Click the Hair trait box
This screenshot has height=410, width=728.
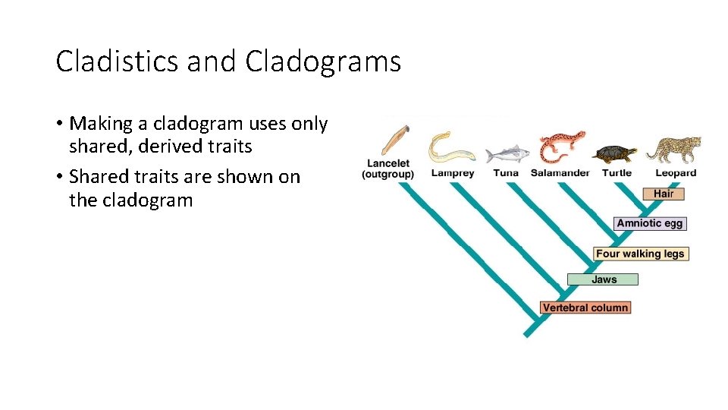pos(664,194)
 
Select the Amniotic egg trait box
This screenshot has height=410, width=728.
pos(650,223)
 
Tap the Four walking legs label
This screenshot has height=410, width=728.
pos(640,254)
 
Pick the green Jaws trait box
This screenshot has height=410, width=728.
pos(604,279)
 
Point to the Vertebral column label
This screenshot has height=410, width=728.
pos(585,307)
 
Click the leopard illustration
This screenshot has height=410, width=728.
pos(673,149)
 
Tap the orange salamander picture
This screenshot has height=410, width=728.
pos(562,147)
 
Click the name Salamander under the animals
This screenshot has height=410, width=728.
pos(560,173)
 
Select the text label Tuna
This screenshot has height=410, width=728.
pos(506,173)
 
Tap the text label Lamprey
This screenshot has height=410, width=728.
pos(453,173)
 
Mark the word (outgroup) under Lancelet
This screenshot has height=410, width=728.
pos(388,175)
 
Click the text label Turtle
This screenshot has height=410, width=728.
pos(617,173)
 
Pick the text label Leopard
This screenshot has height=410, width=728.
pos(676,173)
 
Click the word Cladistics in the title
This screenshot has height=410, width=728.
pos(118,61)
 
